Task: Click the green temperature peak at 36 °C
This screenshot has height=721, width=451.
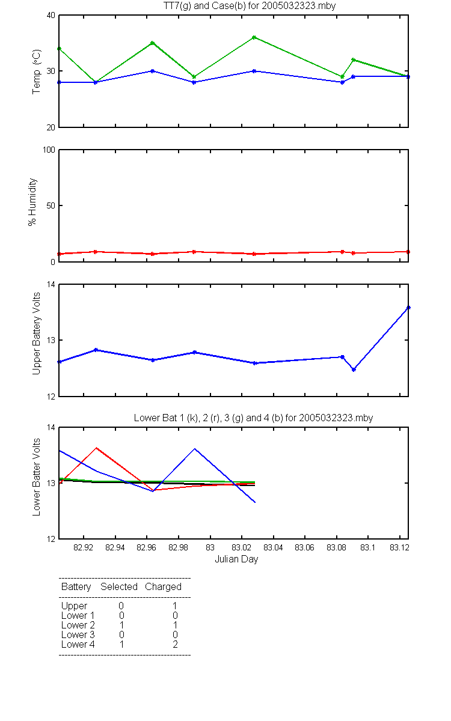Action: pyautogui.click(x=254, y=37)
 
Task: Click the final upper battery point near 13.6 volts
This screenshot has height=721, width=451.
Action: pyautogui.click(x=408, y=308)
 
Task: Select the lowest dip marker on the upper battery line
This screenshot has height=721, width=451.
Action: pyautogui.click(x=354, y=370)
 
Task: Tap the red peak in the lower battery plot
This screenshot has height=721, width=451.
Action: pyautogui.click(x=96, y=448)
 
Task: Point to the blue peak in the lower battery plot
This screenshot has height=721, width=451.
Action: pyautogui.click(x=195, y=449)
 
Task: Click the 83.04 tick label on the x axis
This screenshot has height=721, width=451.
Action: pyautogui.click(x=273, y=547)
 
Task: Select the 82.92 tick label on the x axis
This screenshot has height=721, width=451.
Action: pyautogui.click(x=83, y=547)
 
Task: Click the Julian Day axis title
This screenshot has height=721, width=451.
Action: pyautogui.click(x=236, y=559)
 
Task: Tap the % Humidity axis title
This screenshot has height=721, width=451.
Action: pyautogui.click(x=32, y=202)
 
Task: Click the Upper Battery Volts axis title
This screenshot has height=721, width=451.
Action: pyautogui.click(x=36, y=333)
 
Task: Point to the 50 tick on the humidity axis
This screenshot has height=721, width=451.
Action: pyautogui.click(x=51, y=205)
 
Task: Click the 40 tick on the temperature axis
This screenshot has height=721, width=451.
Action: pyautogui.click(x=51, y=16)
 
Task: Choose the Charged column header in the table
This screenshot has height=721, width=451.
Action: pyautogui.click(x=163, y=587)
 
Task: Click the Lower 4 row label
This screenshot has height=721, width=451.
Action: pyautogui.click(x=78, y=644)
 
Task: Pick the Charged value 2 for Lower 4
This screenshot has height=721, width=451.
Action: pyautogui.click(x=175, y=644)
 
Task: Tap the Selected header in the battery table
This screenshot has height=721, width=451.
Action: pyautogui.click(x=119, y=586)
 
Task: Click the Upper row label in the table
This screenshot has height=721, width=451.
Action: pyautogui.click(x=74, y=606)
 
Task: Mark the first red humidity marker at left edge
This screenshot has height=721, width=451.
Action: pyautogui.click(x=60, y=254)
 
